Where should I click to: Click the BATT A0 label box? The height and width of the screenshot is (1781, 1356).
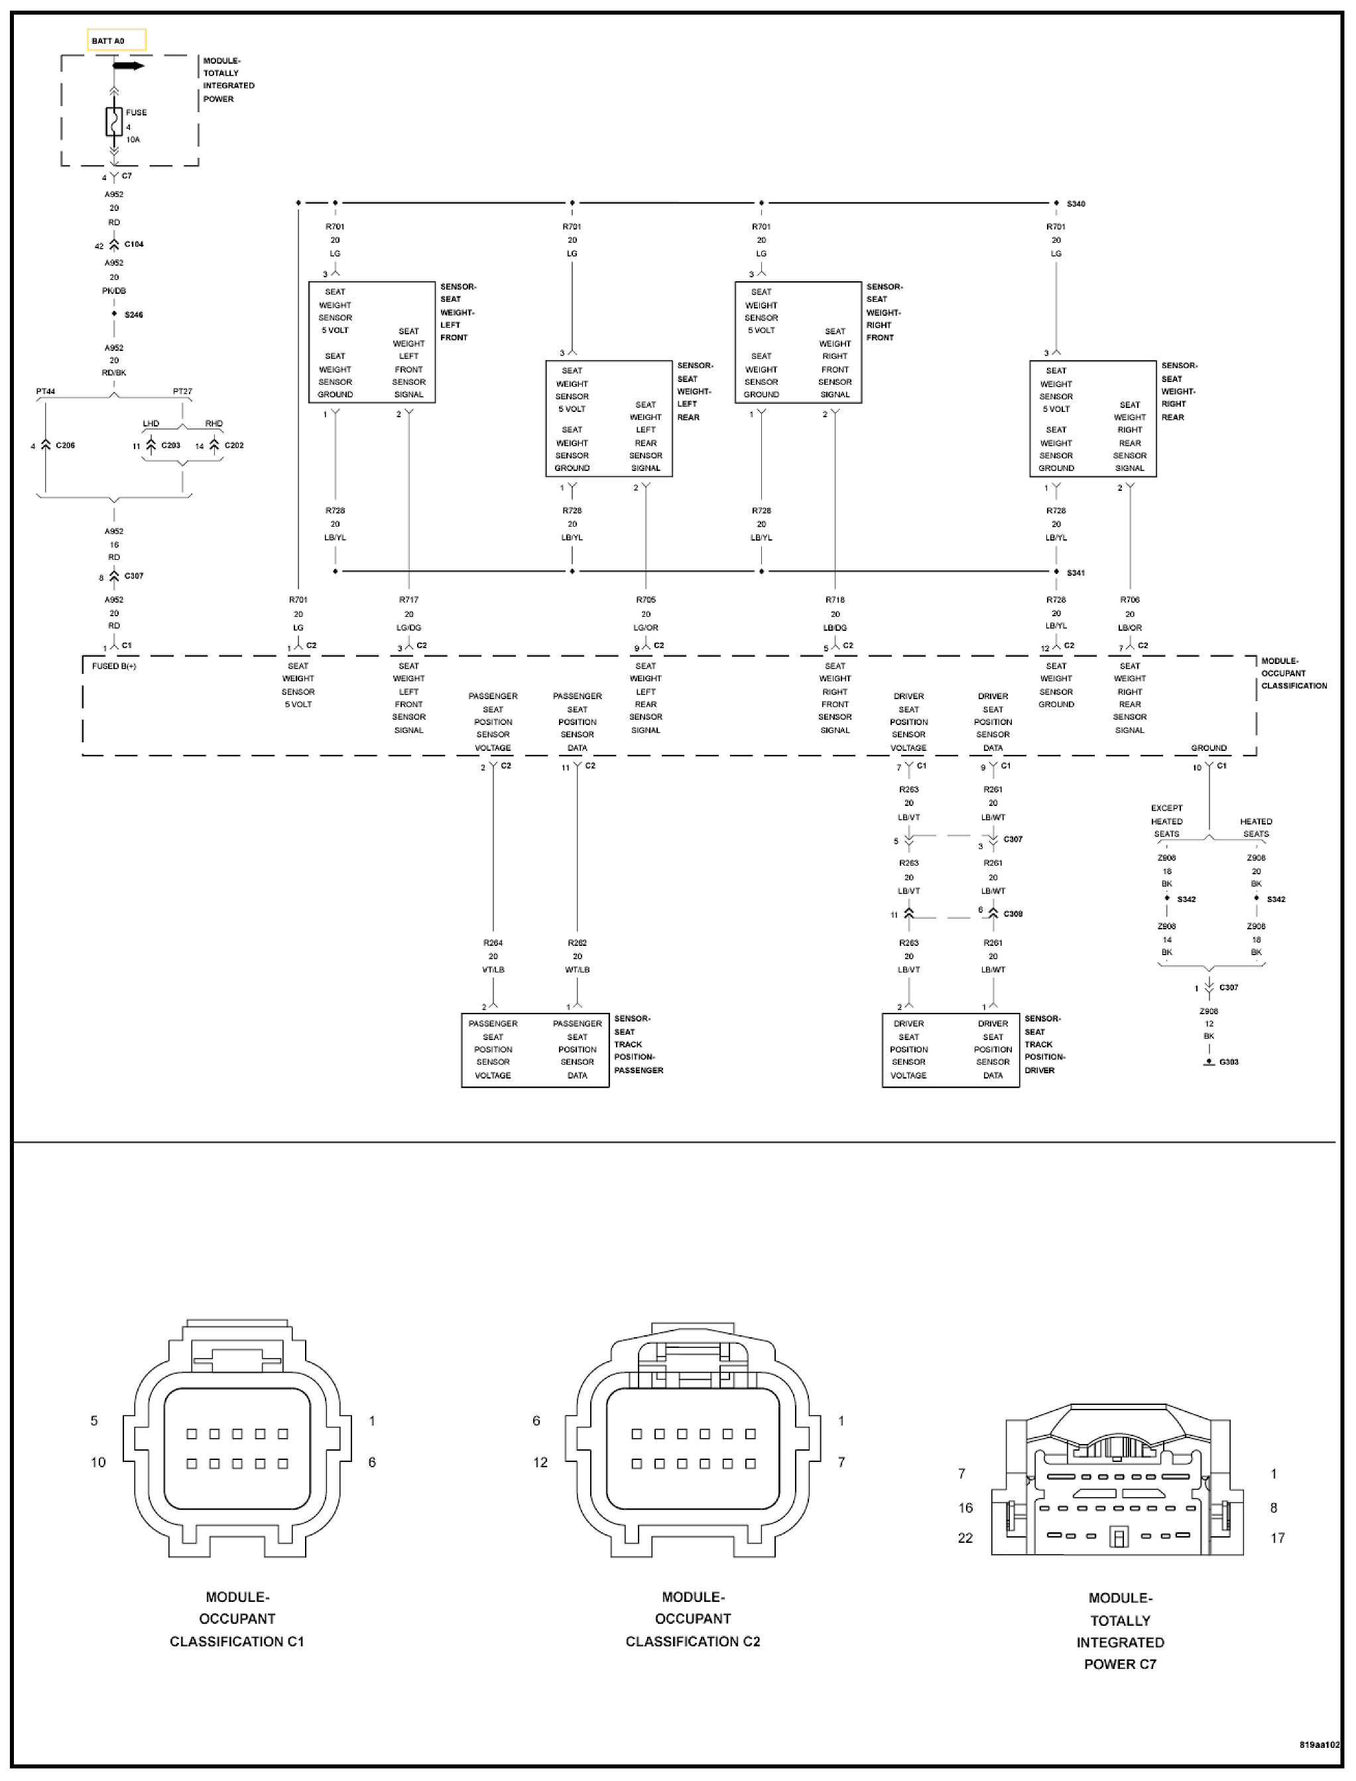point(116,40)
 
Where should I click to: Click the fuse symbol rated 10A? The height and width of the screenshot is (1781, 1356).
point(114,121)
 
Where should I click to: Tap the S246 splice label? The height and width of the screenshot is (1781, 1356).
point(134,315)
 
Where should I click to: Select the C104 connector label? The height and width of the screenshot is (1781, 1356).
point(134,244)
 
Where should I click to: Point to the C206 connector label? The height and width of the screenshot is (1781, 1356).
point(66,445)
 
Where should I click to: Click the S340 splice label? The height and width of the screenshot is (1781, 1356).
point(1076,204)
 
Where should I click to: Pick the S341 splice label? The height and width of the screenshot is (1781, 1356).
point(1076,572)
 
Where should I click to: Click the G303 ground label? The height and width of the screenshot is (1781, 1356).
point(1229,1062)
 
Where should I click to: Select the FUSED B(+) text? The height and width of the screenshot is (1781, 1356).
point(114,666)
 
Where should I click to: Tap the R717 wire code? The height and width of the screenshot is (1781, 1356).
point(408,600)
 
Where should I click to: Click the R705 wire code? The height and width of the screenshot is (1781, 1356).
point(646,600)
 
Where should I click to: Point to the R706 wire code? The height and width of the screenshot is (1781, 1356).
point(1130,600)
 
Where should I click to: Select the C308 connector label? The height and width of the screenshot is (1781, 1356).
point(1013,914)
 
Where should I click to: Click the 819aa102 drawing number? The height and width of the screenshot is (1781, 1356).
point(1320,1744)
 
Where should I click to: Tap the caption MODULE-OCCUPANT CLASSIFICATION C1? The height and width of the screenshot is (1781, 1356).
point(237,1618)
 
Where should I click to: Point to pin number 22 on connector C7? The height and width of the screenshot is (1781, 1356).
point(965,1538)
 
